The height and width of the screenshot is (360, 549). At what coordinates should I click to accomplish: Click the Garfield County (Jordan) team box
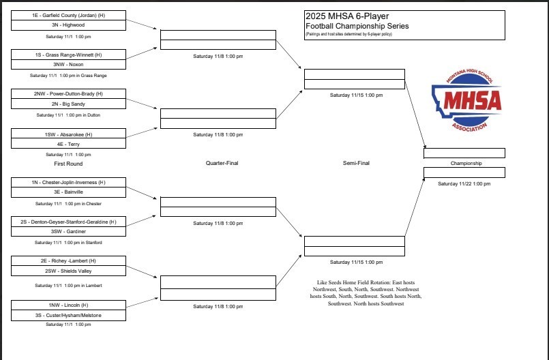pyautogui.click(x=68, y=15)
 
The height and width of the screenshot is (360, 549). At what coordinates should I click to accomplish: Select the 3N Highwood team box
pyautogui.click(x=68, y=25)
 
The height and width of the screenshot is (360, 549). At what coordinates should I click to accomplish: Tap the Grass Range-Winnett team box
pyautogui.click(x=68, y=54)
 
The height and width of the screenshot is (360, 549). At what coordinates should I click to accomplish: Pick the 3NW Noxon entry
pyautogui.click(x=68, y=64)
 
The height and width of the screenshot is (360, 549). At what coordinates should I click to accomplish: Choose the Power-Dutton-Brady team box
pyautogui.click(x=68, y=93)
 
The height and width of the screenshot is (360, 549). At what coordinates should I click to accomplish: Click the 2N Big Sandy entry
pyautogui.click(x=68, y=104)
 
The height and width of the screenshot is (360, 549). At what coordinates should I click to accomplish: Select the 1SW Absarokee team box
pyautogui.click(x=68, y=134)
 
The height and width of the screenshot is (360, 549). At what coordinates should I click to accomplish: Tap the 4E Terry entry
pyautogui.click(x=68, y=144)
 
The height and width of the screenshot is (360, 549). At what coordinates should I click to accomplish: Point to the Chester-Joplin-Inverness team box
pyautogui.click(x=68, y=182)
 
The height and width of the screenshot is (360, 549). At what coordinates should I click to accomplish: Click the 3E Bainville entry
pyautogui.click(x=68, y=192)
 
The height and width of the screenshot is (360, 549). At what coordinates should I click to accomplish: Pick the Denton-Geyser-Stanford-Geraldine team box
pyautogui.click(x=68, y=222)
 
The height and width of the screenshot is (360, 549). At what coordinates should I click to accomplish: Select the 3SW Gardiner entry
pyautogui.click(x=68, y=232)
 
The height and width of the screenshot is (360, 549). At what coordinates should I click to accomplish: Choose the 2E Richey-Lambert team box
pyautogui.click(x=68, y=260)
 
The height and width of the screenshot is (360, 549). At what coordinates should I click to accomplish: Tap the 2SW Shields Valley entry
pyautogui.click(x=68, y=271)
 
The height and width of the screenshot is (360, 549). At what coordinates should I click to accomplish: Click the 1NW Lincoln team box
pyautogui.click(x=68, y=305)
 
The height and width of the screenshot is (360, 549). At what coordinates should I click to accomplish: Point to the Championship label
pyautogui.click(x=466, y=164)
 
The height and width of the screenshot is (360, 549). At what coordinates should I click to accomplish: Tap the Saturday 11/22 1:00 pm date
pyautogui.click(x=464, y=183)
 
